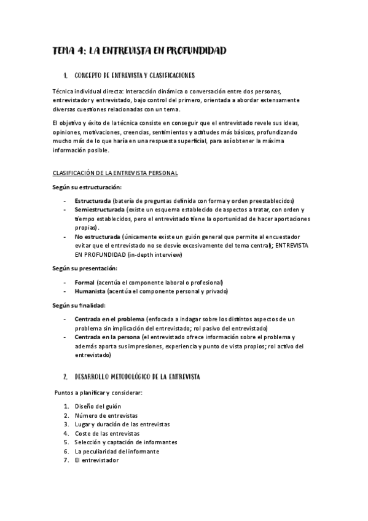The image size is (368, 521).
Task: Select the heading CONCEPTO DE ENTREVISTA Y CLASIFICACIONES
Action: [x=134, y=76]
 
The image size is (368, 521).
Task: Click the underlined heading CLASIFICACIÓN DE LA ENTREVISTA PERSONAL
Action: [x=115, y=173]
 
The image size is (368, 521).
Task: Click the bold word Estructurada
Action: [x=93, y=202]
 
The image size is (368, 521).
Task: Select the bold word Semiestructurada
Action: [x=100, y=210]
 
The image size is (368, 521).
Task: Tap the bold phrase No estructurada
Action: [x=97, y=237]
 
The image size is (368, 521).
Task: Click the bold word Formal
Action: [x=85, y=282]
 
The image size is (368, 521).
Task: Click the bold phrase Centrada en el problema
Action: [x=109, y=319]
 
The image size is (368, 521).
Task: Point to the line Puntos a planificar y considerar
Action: [x=98, y=392]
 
